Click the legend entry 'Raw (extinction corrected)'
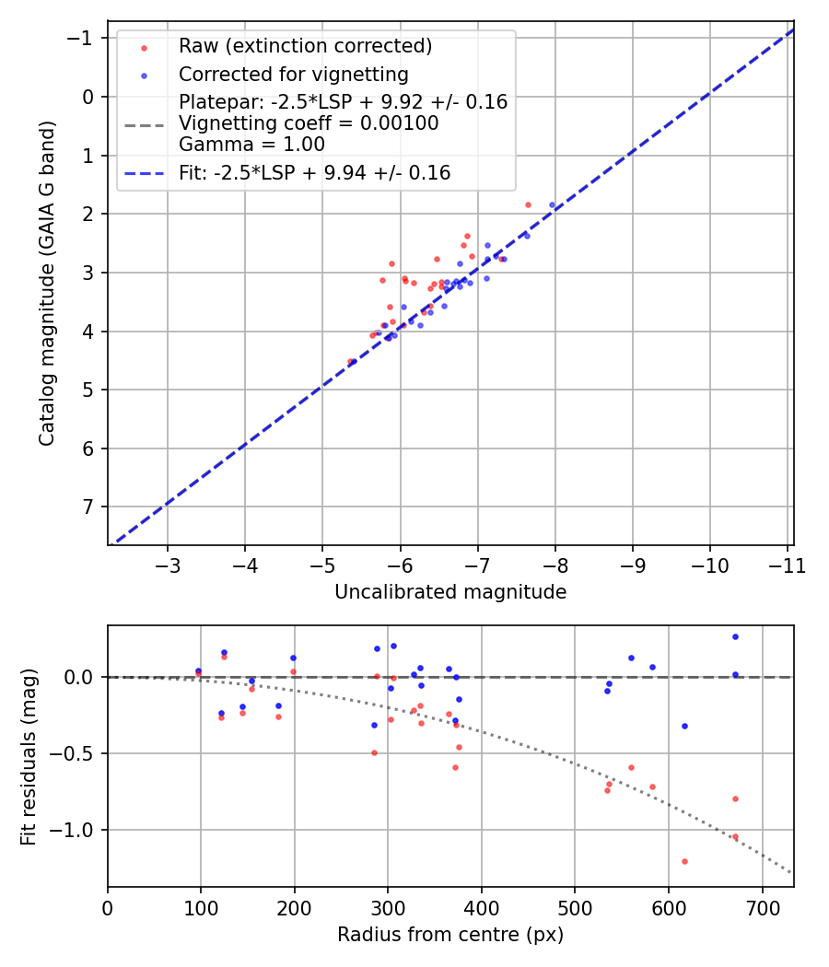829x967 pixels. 305,46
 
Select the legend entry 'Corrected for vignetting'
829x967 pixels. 293,75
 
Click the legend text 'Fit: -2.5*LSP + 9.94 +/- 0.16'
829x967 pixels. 314,172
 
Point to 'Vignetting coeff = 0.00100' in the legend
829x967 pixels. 309,123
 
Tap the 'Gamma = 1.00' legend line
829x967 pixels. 251,144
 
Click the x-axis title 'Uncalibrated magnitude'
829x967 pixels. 450,592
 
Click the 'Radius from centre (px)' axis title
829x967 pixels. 450,935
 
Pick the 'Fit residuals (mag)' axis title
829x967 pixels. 29,756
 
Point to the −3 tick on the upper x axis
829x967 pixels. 168,565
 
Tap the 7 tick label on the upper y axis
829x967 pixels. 88,507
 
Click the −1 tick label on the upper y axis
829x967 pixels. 83,38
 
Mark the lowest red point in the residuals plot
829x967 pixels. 684,861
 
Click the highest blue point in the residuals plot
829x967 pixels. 735,636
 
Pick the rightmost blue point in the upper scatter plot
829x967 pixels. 553,204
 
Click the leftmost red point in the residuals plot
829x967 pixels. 198,673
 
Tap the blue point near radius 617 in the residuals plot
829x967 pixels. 684,726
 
